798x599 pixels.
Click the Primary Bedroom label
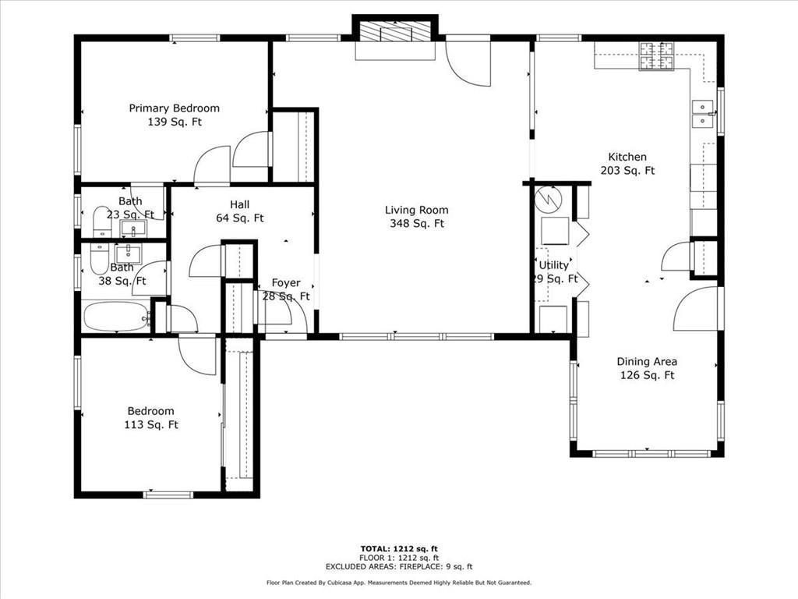pos(174,108)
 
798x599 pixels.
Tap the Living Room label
pos(416,210)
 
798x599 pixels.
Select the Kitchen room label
pos(627,157)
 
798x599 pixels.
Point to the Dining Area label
pos(647,362)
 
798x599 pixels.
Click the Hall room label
pos(240,204)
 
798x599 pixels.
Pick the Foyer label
pos(286,282)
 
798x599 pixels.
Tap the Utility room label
pos(554,265)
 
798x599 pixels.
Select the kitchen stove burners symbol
pos(656,55)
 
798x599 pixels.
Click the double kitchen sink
pos(703,114)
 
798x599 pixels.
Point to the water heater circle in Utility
pos(548,199)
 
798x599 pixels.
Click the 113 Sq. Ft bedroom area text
pos(151,425)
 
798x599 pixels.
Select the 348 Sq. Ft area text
pos(417,224)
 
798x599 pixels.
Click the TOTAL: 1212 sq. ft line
pos(399,548)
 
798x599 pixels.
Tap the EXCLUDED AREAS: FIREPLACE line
pos(399,566)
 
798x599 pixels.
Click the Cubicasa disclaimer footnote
pos(399,583)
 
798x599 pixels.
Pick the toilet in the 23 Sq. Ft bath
pos(102,222)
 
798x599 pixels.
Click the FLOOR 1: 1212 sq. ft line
pos(399,558)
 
